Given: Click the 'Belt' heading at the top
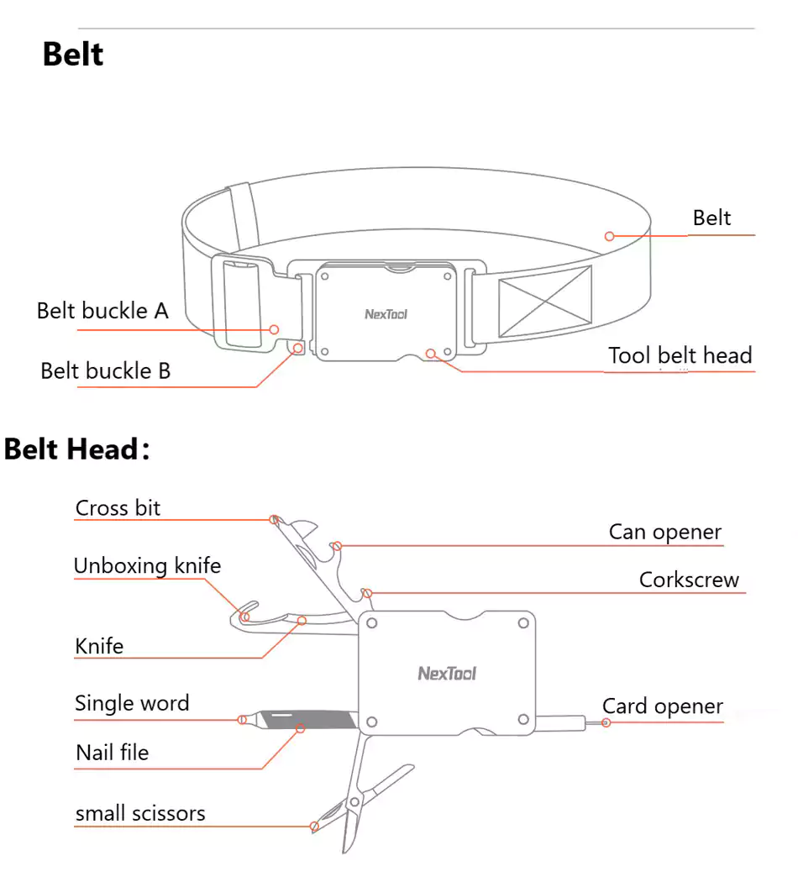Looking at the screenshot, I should [x=73, y=55].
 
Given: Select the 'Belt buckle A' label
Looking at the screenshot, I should [x=102, y=311].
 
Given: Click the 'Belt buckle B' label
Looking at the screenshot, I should [x=105, y=370].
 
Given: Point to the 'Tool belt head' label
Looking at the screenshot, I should [x=680, y=355].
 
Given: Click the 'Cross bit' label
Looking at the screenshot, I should [x=118, y=508].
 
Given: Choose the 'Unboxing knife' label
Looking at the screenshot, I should [x=147, y=565].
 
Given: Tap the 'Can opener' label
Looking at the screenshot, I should [x=664, y=532].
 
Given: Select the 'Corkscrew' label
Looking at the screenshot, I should [x=689, y=580].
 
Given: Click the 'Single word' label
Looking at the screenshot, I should [x=132, y=703].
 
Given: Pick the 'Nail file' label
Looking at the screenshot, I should [x=112, y=753].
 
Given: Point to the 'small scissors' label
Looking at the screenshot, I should [x=140, y=813].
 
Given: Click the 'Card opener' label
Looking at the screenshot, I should [x=662, y=706].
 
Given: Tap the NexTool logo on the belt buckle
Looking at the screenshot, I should [x=386, y=315].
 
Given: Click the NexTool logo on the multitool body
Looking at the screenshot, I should [x=446, y=673].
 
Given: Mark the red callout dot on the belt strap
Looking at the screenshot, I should [x=610, y=237].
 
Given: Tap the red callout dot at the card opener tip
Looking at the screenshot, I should [x=606, y=722].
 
